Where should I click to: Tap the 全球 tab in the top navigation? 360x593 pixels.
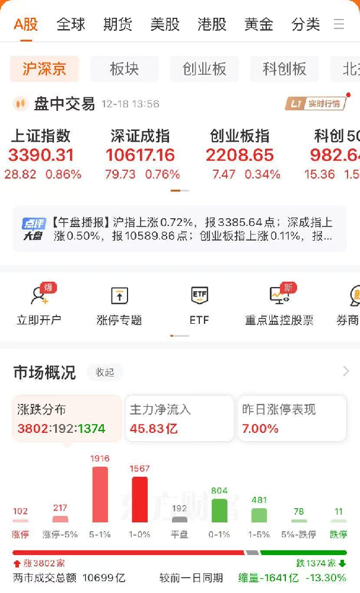(71, 24)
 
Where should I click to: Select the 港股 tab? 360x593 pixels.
(212, 24)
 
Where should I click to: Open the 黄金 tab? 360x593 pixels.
(259, 24)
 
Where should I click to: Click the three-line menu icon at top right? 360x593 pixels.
(339, 24)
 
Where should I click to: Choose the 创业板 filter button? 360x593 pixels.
(204, 69)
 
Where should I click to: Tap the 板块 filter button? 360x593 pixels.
(124, 69)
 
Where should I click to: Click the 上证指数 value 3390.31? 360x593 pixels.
(41, 155)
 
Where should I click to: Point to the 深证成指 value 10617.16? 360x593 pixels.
(141, 155)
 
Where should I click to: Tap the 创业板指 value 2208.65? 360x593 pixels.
(240, 155)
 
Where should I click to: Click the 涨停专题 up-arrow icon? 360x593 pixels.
(119, 296)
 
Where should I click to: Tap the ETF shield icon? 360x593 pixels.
(199, 295)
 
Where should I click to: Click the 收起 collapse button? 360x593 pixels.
(105, 372)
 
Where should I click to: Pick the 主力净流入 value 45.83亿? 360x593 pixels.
(154, 429)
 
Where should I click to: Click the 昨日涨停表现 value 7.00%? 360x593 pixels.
(260, 429)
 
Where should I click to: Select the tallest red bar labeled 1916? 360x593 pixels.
(100, 495)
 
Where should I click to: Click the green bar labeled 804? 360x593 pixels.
(219, 511)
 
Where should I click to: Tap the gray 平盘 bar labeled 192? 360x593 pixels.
(180, 519)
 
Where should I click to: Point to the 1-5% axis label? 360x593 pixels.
(259, 534)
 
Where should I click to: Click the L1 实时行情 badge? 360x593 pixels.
(316, 104)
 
